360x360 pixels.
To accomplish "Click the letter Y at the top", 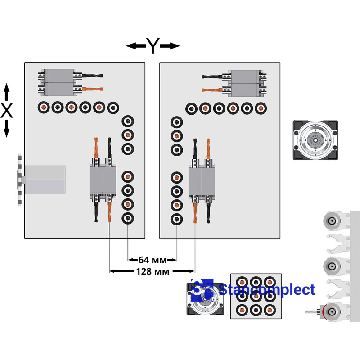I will pos(153,45).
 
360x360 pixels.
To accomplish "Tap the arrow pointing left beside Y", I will pos(135,45).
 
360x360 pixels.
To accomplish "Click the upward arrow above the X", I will pos(7,93).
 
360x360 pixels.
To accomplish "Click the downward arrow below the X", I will pos(7,129).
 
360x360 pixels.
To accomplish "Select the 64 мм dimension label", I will pos(153,260).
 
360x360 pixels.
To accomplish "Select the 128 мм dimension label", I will pos(153,271).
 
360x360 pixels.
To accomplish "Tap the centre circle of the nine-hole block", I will pos(256,296).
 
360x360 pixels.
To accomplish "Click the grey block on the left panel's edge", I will pos(45,179).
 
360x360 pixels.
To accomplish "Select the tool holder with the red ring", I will pos(332,311).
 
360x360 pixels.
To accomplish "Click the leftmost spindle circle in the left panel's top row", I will pos(44,108).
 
